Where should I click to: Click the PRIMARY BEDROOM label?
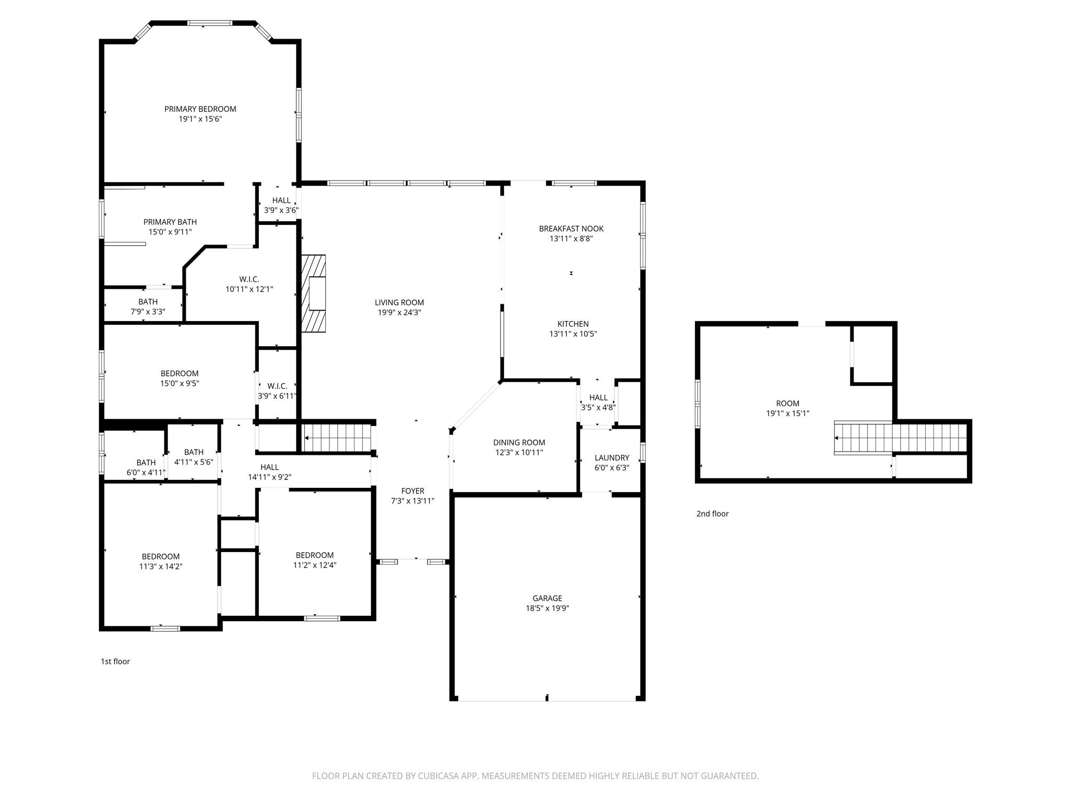(200, 109)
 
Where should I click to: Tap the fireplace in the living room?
(314, 293)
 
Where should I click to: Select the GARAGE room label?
(548, 598)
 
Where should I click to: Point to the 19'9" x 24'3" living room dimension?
(399, 313)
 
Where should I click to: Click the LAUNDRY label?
(612, 458)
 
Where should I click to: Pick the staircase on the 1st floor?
(337, 437)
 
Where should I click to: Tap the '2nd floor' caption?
(712, 513)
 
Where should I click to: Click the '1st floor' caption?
(115, 661)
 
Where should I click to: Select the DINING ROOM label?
(519, 442)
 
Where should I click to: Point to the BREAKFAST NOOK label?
(571, 228)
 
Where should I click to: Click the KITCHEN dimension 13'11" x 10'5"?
(573, 334)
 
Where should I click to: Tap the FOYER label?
(413, 491)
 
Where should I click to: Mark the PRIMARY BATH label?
(170, 222)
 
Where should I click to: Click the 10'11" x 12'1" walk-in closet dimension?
(249, 289)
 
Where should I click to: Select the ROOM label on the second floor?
(788, 403)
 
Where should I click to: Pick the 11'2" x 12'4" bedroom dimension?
(315, 565)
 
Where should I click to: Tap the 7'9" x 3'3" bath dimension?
(148, 312)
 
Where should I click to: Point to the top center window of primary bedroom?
(210, 23)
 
